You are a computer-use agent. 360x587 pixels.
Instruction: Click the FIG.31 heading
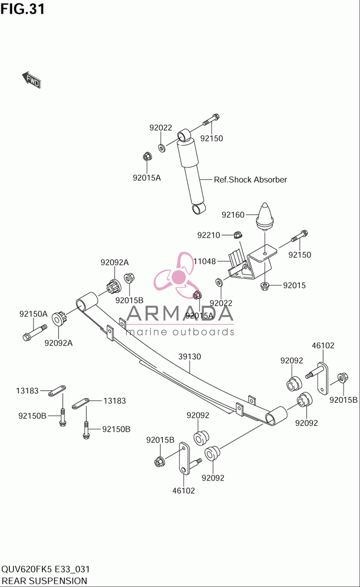point(23,9)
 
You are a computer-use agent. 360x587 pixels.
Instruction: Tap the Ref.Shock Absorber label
point(251,180)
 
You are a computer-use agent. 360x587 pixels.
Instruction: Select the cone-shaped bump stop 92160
point(265,216)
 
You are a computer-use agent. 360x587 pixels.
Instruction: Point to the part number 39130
point(190,356)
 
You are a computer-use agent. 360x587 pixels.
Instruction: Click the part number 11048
point(204,261)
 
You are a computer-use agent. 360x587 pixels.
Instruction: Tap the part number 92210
point(209,235)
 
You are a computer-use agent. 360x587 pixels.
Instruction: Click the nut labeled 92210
point(238,235)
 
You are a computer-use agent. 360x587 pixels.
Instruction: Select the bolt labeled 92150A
point(35,332)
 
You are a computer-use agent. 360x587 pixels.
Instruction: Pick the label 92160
point(233,215)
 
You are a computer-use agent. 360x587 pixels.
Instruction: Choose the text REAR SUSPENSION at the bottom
point(44,581)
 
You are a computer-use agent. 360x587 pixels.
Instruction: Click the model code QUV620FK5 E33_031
point(45,569)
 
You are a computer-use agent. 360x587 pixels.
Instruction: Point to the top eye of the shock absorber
point(184,135)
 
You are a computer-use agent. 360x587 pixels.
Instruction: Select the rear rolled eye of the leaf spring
point(276,416)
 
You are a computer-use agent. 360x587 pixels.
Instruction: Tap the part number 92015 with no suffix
point(294,285)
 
